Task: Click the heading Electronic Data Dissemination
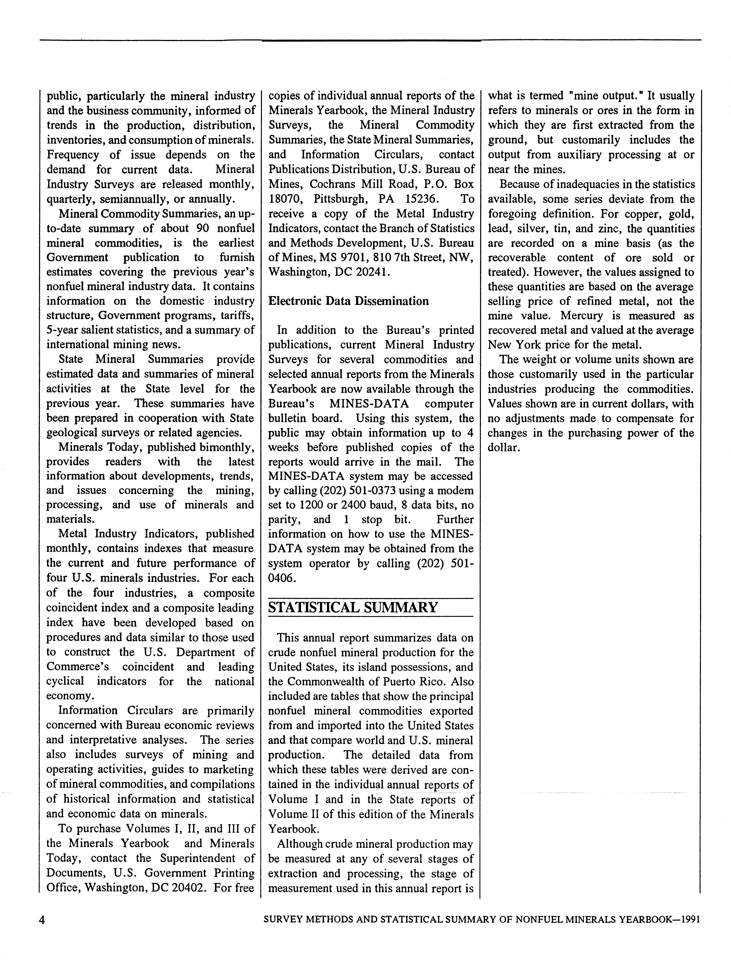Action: [x=348, y=301]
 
